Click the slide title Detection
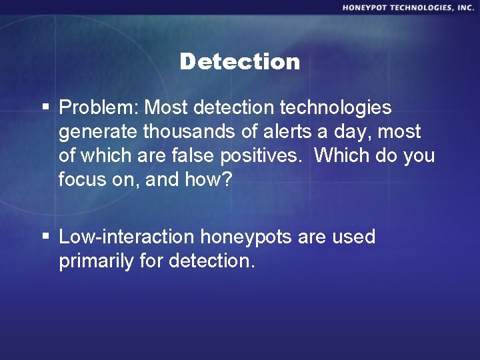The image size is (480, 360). click(240, 62)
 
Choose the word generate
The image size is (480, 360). click(95, 132)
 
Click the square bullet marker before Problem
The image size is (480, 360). click(45, 107)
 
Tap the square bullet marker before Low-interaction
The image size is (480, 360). click(45, 237)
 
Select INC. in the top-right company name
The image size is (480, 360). click(463, 7)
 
